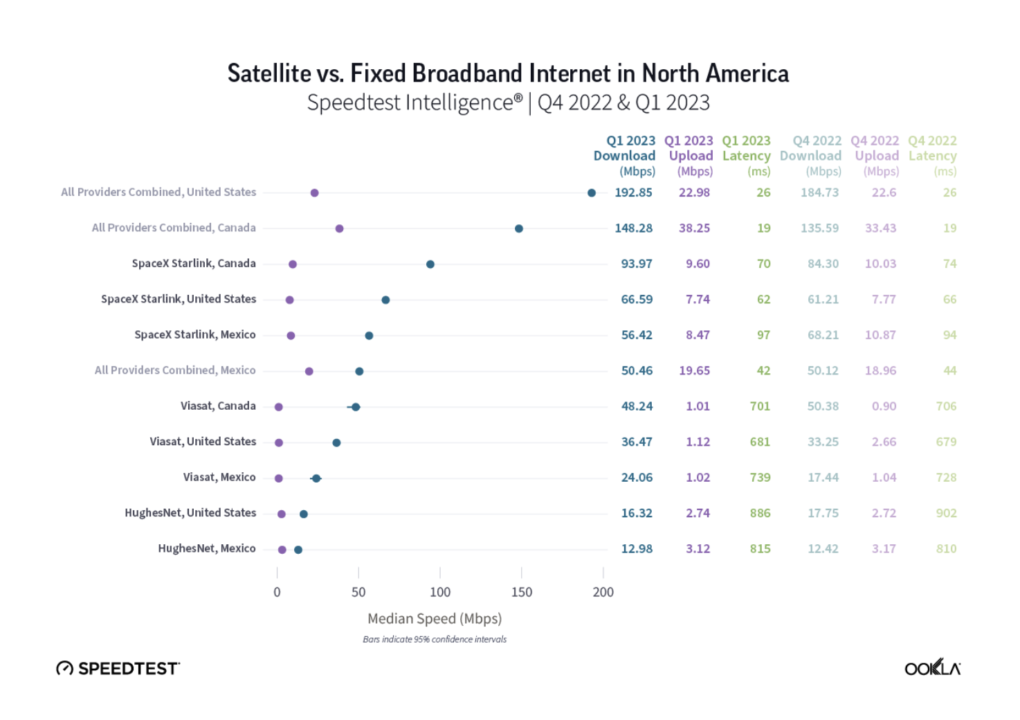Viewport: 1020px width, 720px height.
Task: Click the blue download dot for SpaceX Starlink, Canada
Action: pos(430,264)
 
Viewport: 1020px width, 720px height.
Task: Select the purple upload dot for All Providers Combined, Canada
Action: pos(339,228)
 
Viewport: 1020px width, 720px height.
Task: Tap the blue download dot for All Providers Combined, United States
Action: pos(592,193)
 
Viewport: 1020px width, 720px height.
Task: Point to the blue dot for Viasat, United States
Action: pos(336,443)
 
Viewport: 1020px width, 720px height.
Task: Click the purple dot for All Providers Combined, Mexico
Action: pos(309,372)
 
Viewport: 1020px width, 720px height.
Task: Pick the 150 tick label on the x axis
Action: pos(522,592)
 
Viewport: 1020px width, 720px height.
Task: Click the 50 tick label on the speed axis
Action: pos(358,592)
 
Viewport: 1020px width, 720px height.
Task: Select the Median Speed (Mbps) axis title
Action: pos(435,618)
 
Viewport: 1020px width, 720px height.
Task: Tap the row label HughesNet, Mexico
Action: pos(207,548)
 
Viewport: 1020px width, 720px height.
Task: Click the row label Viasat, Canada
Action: pos(218,406)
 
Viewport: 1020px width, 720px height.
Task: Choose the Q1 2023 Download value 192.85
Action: pos(633,192)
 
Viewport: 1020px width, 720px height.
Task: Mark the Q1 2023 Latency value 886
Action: pos(760,513)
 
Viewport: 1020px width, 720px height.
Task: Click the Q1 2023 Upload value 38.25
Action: pos(694,228)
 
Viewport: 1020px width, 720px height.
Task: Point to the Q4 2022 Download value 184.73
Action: pos(819,192)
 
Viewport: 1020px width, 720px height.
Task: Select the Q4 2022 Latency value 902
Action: pos(946,513)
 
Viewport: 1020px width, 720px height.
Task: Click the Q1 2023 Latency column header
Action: pos(746,156)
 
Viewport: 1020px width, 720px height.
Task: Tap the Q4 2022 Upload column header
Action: pos(875,156)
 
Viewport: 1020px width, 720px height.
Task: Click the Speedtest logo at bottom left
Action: pos(118,668)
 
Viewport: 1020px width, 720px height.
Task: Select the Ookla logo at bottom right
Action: pos(932,668)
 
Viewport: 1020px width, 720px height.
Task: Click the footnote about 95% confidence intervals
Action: pos(435,639)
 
